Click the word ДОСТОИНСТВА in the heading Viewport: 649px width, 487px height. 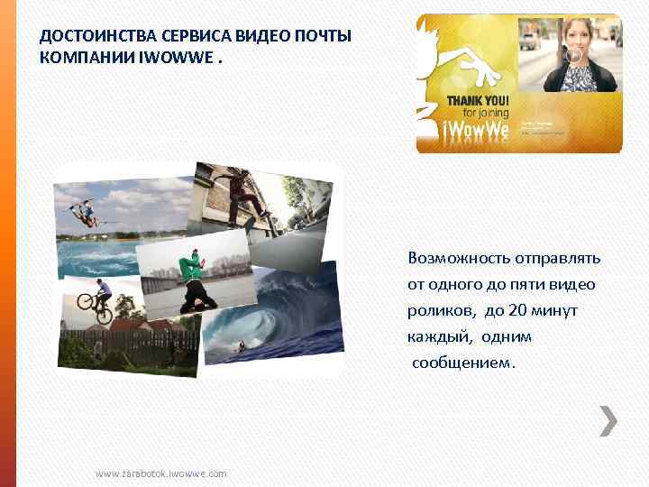pos(86,36)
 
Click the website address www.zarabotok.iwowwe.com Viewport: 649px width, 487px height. pos(161,473)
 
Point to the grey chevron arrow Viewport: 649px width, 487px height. pos(609,420)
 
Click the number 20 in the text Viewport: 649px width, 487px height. pos(518,310)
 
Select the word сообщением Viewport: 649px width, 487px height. pos(465,363)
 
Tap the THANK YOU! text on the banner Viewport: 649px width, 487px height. pos(478,99)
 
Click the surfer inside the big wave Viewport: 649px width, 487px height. pos(242,343)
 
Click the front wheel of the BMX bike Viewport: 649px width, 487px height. pos(105,316)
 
